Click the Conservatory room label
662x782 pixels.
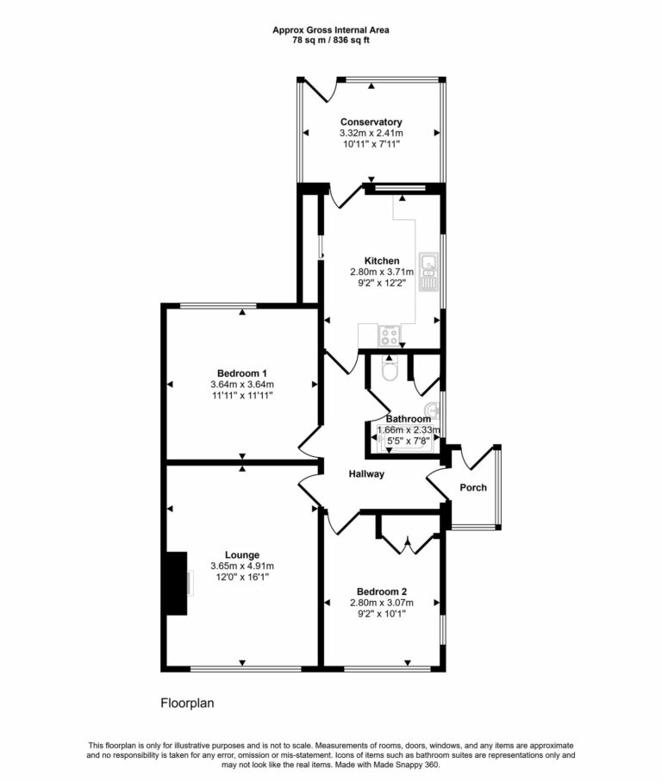point(371,122)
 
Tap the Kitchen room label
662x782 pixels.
point(382,260)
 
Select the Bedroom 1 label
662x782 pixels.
point(241,372)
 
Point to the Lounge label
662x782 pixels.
point(242,554)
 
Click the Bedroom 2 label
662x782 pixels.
point(382,591)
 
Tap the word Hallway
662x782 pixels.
point(366,474)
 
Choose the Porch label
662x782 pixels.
point(472,488)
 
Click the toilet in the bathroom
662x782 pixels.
point(390,371)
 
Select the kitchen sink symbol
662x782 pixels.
point(428,271)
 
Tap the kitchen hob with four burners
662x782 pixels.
point(389,333)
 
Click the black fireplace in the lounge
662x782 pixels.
point(176,584)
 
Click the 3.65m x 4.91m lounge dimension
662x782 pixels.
point(242,566)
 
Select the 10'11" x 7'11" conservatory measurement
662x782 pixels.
point(371,146)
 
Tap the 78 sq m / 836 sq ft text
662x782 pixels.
point(331,41)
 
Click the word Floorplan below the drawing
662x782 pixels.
point(187,703)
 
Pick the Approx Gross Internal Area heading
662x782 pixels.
point(331,29)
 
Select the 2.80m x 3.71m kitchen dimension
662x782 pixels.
point(382,272)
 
